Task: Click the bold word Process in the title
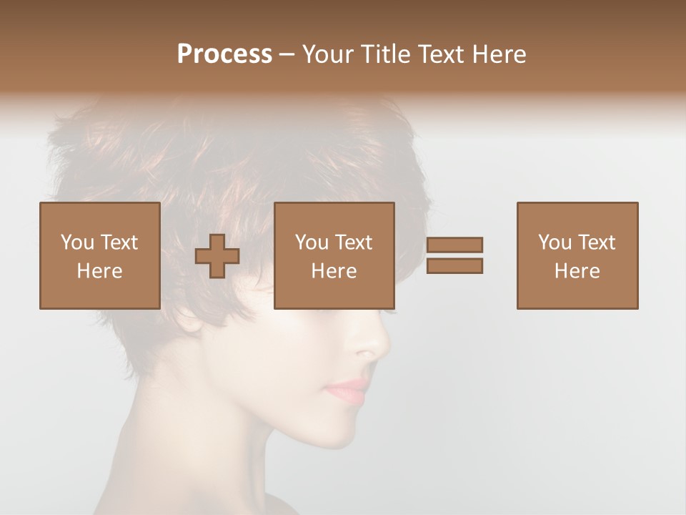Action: pyautogui.click(x=225, y=54)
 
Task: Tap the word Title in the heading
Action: pyautogui.click(x=384, y=54)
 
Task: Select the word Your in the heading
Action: pyautogui.click(x=326, y=54)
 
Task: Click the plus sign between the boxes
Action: pyautogui.click(x=217, y=256)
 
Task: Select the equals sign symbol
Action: pyautogui.click(x=454, y=255)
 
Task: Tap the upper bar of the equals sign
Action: pyautogui.click(x=454, y=245)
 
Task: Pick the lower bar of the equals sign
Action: pyautogui.click(x=454, y=265)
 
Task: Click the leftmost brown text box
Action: pyautogui.click(x=100, y=255)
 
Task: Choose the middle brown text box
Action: pyautogui.click(x=334, y=255)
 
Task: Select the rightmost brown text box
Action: pyautogui.click(x=577, y=255)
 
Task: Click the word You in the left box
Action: pyautogui.click(x=77, y=242)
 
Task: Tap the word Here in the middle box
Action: pyautogui.click(x=334, y=271)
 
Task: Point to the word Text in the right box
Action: pyautogui.click(x=596, y=242)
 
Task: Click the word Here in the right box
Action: pyautogui.click(x=577, y=271)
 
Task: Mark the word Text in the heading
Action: pyautogui.click(x=441, y=54)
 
